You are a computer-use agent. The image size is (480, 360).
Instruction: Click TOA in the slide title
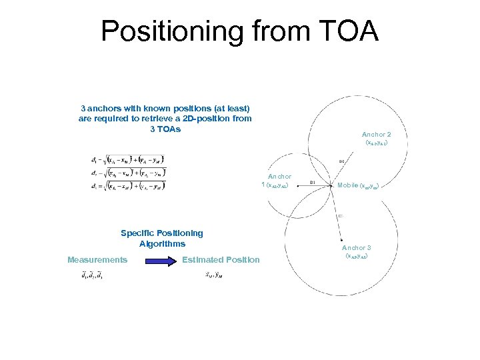(345, 31)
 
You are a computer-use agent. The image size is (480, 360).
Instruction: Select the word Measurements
(97, 259)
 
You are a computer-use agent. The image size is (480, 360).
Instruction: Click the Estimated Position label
(221, 259)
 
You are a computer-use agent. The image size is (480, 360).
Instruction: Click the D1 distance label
(313, 181)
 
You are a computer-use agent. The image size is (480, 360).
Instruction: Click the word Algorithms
(162, 243)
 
